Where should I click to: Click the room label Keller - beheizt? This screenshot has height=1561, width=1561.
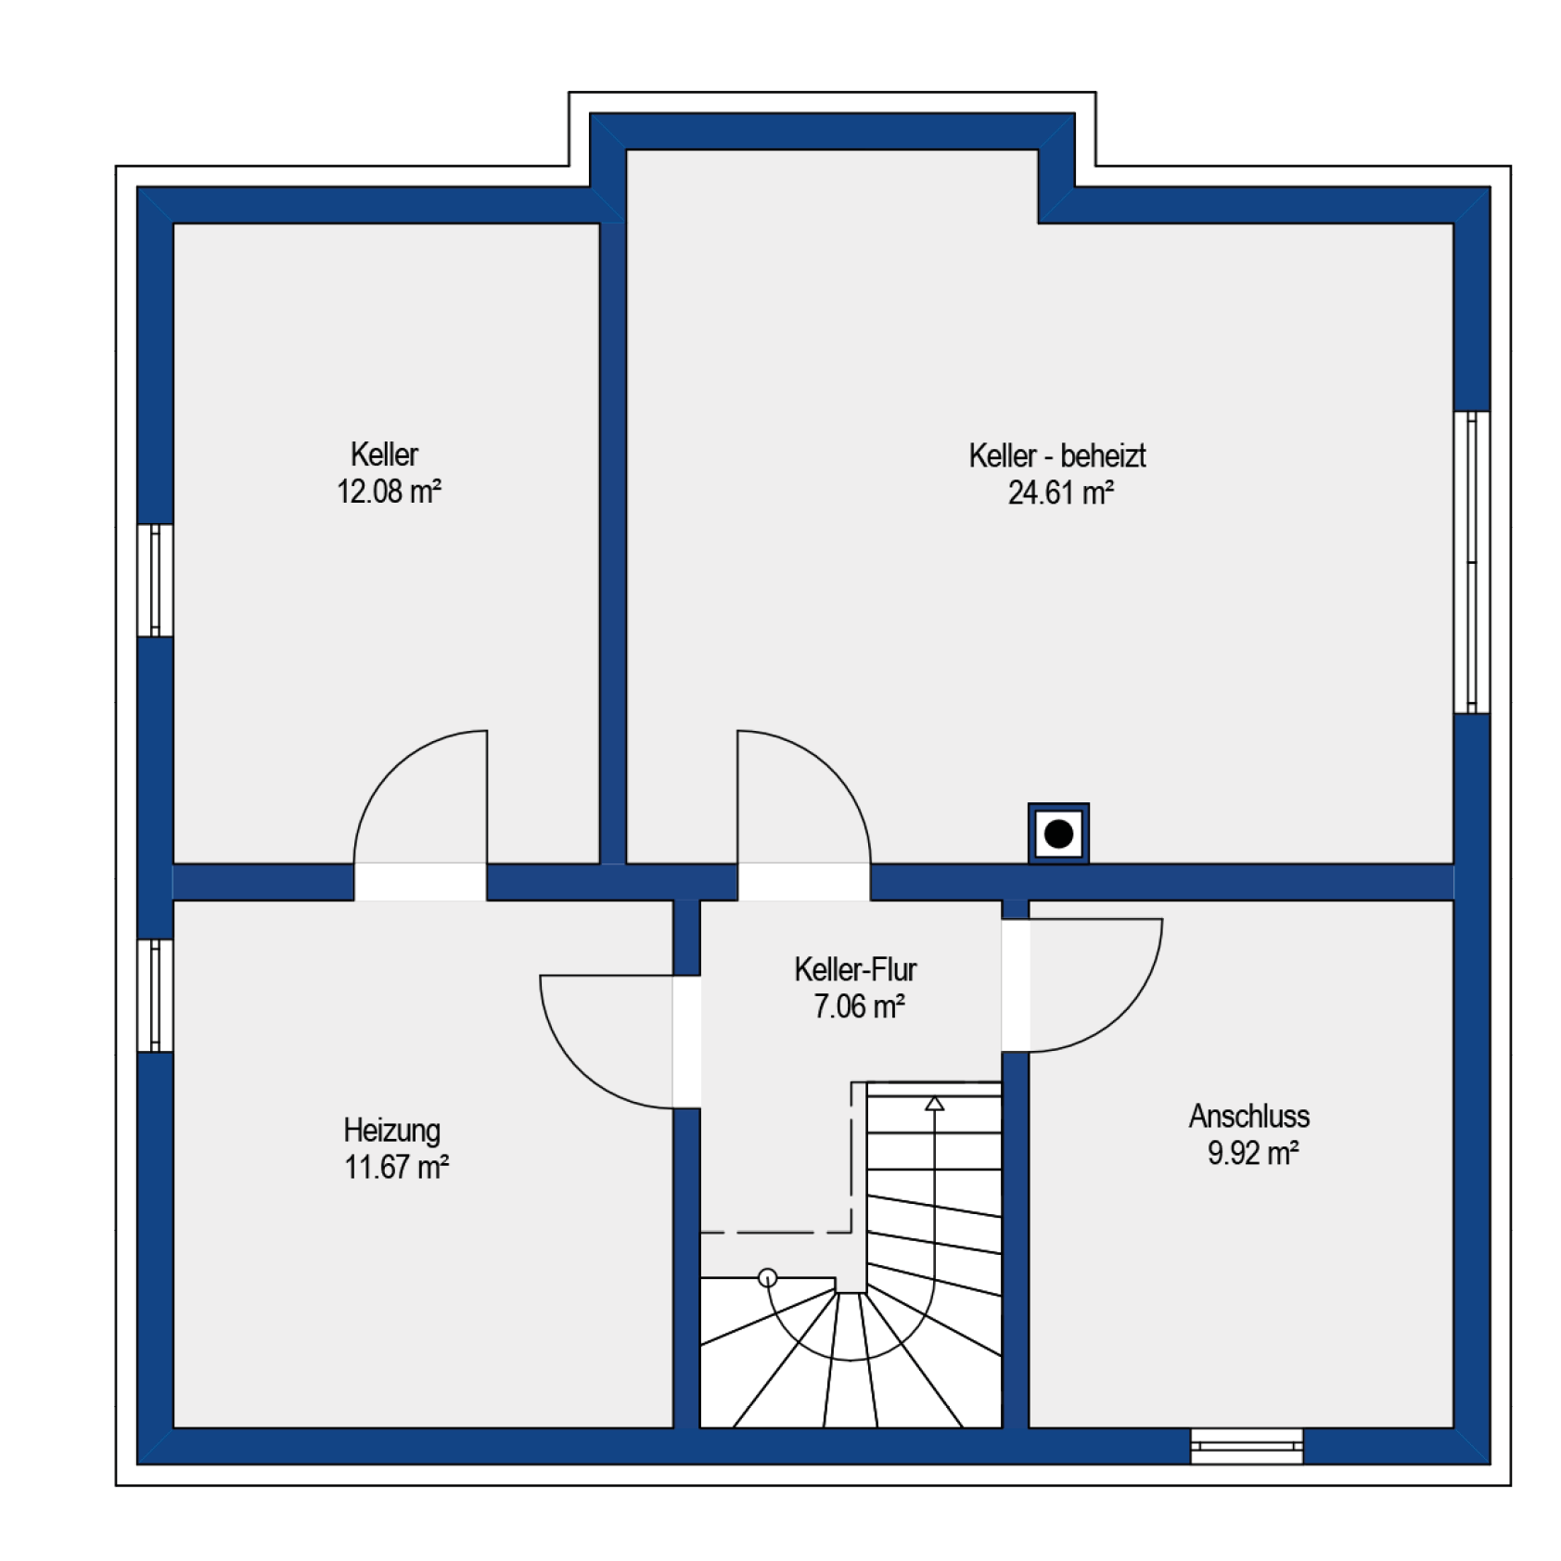click(x=1057, y=455)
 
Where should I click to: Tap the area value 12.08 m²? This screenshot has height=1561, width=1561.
click(x=389, y=491)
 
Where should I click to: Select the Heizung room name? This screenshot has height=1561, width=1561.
click(x=391, y=1130)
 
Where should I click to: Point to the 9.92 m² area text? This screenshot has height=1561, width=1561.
click(x=1253, y=1153)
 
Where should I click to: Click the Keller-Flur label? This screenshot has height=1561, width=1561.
click(x=855, y=969)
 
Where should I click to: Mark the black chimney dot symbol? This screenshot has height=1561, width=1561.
click(x=1058, y=834)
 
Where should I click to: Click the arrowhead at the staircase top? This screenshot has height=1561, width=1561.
click(x=935, y=1104)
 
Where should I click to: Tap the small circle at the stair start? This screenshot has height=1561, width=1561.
click(x=767, y=1278)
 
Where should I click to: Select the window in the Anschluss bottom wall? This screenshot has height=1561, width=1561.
click(x=1247, y=1446)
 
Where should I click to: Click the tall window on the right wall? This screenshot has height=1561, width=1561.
click(x=1472, y=562)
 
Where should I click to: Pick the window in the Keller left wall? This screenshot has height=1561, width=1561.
click(x=155, y=581)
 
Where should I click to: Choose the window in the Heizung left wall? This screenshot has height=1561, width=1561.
click(x=155, y=995)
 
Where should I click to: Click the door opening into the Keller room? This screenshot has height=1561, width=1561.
click(x=420, y=882)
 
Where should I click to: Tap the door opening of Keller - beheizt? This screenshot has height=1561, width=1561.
click(x=804, y=882)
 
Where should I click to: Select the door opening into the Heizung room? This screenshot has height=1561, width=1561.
click(x=686, y=1042)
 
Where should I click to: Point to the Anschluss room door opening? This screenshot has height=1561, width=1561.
click(x=1016, y=985)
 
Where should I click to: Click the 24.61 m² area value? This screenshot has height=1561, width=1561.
click(x=1060, y=493)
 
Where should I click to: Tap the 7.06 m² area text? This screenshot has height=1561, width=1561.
click(x=859, y=1006)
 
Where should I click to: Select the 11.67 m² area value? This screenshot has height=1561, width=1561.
click(x=396, y=1167)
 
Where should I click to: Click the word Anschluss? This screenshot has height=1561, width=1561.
click(x=1249, y=1116)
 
